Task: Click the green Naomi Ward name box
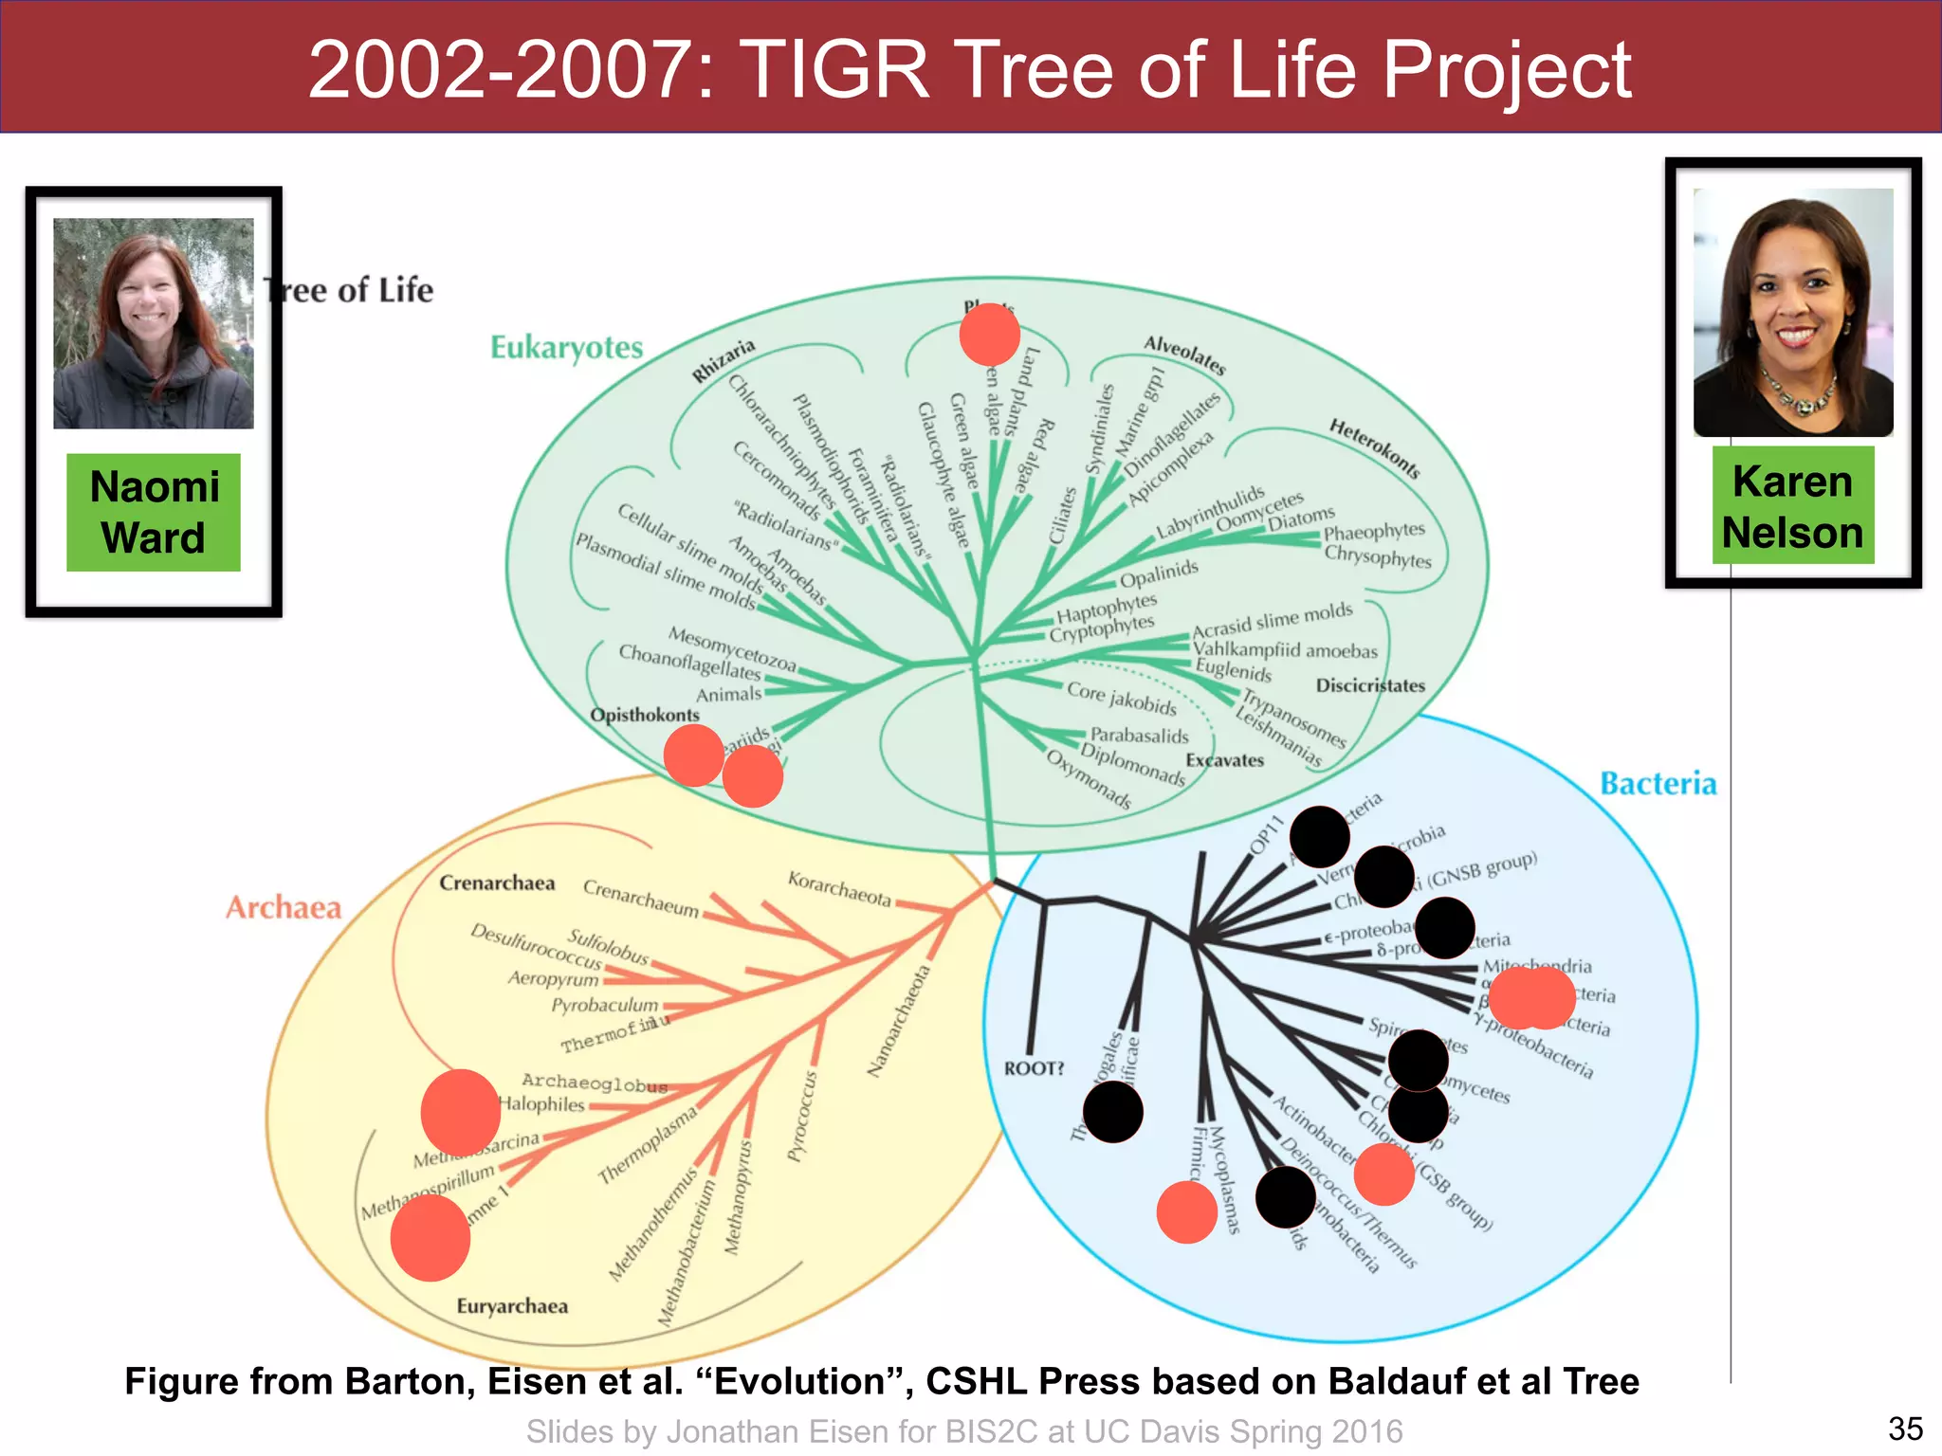point(154,512)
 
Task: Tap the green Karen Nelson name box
point(1792,506)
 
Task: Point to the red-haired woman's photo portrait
point(154,323)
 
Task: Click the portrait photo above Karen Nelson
point(1793,313)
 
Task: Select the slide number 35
point(1905,1429)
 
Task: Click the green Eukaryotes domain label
point(566,348)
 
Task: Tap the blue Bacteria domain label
point(1658,784)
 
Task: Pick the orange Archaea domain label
point(283,908)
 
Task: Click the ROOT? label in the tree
point(1034,1068)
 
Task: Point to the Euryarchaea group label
point(512,1306)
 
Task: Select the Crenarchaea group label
point(497,883)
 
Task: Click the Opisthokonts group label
point(644,715)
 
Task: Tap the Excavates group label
point(1224,760)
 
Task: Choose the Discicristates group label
point(1370,685)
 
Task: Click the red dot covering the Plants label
point(989,334)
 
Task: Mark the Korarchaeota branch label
point(839,889)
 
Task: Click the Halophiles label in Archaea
point(541,1104)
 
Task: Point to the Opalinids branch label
point(1159,574)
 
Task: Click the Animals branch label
point(728,695)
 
